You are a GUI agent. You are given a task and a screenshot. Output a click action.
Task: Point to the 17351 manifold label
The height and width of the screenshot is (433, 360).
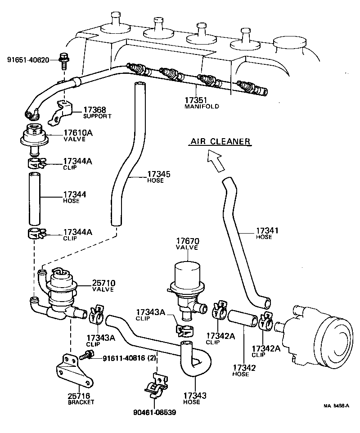[201, 103]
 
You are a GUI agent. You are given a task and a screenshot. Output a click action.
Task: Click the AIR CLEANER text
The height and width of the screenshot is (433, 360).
[219, 141]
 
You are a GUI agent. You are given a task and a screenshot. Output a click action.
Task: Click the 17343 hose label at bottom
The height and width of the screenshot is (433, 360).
[194, 399]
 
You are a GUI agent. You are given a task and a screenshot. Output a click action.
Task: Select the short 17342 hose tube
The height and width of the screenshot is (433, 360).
[244, 319]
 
